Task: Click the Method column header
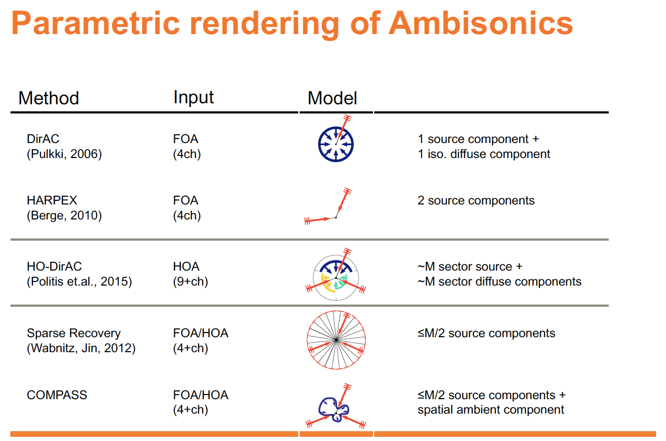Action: point(49,98)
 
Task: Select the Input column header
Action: point(194,97)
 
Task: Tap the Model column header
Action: point(332,98)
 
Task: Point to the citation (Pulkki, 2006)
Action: point(64,154)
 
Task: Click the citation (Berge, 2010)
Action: point(64,215)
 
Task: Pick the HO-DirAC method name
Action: point(54,266)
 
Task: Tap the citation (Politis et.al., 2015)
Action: point(79,281)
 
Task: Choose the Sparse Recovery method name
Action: point(73,333)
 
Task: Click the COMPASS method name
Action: point(57,395)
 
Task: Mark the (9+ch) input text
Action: point(190,281)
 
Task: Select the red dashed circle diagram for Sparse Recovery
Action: point(336,339)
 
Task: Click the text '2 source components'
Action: point(476,200)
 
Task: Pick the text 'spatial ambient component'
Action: point(491,410)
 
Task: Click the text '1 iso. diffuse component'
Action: point(484,154)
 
